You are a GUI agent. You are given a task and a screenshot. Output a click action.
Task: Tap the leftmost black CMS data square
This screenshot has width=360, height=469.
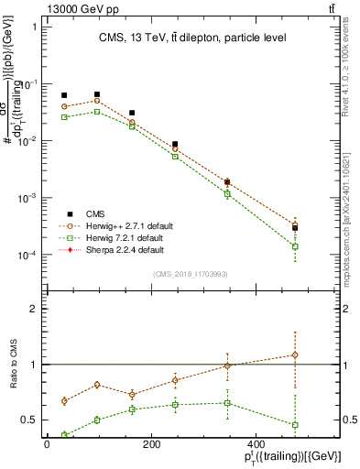(x=64, y=95)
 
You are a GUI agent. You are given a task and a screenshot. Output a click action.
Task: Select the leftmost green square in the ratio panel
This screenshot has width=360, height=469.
(x=64, y=434)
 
